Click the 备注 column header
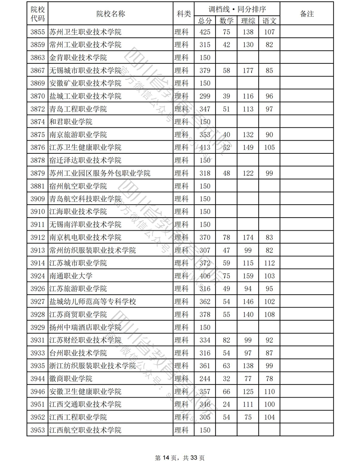coord(306,14)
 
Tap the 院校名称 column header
coord(111,14)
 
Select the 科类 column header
coord(183,14)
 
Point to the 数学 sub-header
coord(227,20)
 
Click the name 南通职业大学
coord(71,276)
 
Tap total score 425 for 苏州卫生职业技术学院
coord(205,32)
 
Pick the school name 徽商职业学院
coord(71,378)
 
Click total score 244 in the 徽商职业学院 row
coord(205,378)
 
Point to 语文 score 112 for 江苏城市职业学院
coord(270,263)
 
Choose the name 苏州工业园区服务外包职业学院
coord(99,173)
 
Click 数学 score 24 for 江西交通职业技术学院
coord(227,404)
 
